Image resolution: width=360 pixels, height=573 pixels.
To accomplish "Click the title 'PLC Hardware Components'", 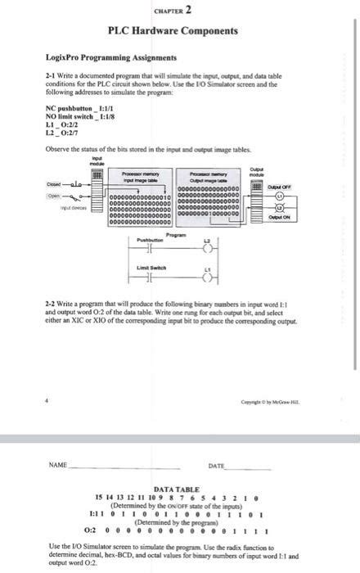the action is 173,30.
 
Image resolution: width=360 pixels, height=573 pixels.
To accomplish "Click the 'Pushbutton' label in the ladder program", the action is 151,239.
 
